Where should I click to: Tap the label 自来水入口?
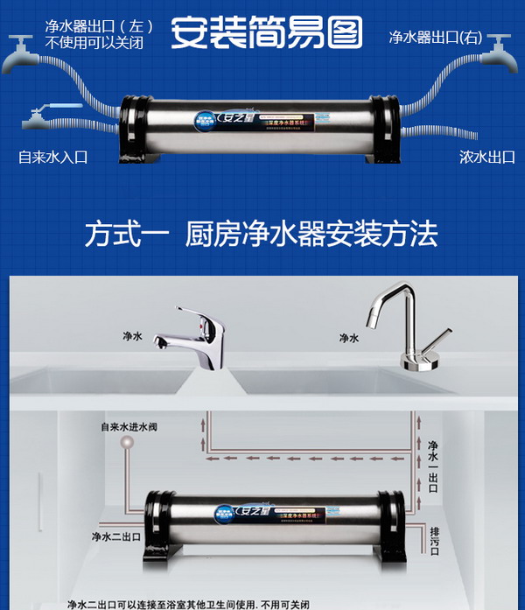tap(53, 158)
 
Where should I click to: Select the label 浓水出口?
tap(486, 158)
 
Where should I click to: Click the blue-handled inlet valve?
tap(44, 115)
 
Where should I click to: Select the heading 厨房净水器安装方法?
tap(311, 235)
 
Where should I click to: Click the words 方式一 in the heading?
tap(122, 235)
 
